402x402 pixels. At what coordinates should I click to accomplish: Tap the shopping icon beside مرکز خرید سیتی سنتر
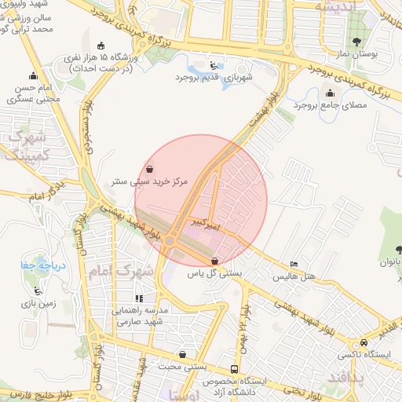coord(150,169)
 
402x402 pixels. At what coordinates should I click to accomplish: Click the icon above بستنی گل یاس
coord(215,261)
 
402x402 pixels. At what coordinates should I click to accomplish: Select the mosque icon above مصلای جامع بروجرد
coord(336,91)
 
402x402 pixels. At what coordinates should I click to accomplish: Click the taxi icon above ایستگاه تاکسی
coord(364,343)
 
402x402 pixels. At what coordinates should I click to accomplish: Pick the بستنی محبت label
coord(182,367)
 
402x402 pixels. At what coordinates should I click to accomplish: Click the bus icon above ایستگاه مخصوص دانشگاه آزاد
coord(235,369)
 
